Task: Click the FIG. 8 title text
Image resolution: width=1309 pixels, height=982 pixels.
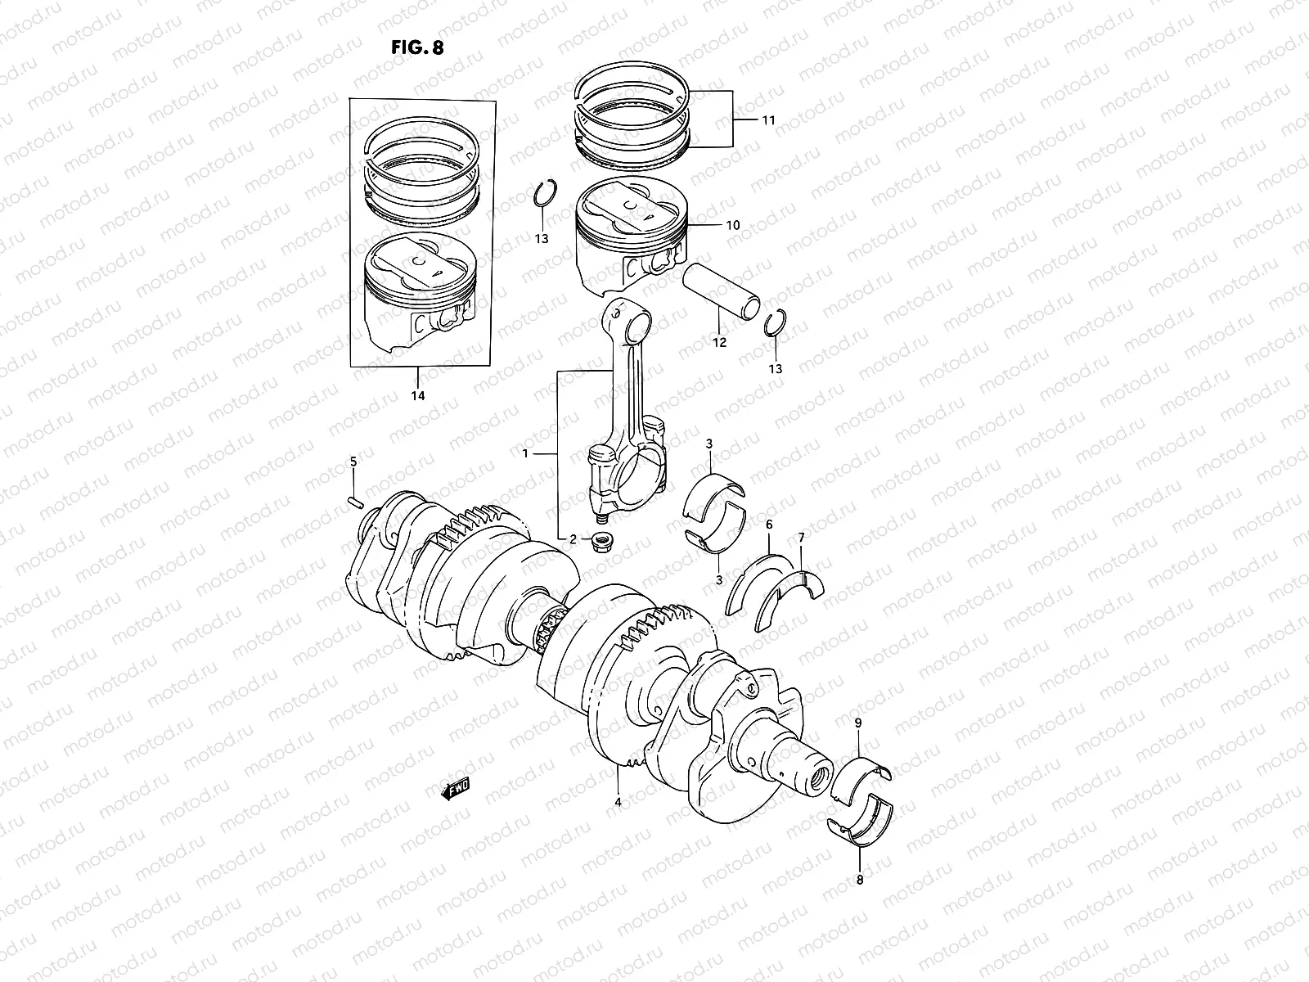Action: [417, 47]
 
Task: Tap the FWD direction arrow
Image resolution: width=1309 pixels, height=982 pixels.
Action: [456, 788]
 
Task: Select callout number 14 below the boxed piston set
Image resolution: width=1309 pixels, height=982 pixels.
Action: [417, 395]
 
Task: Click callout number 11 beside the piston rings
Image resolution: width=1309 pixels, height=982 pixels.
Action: [767, 120]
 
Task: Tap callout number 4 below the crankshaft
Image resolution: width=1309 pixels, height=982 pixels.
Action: [618, 802]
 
